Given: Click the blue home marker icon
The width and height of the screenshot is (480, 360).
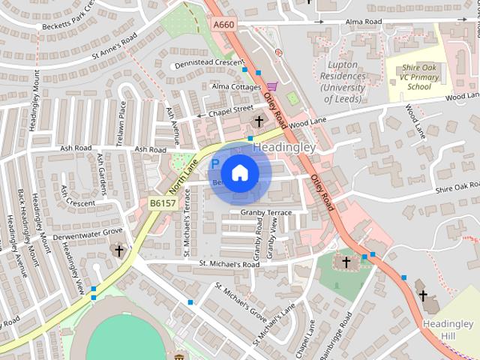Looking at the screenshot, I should coord(239,172).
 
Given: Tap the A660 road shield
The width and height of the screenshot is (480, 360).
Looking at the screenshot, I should coord(223,25).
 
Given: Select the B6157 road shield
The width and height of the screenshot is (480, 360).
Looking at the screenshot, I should coord(161,202).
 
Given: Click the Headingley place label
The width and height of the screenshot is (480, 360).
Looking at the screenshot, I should coord(284,147).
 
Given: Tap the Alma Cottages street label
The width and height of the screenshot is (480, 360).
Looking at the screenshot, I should coord(236,87).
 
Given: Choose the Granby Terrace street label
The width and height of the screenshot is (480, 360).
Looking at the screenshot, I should coord(265,213).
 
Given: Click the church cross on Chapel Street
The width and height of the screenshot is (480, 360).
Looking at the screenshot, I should coord(259,121).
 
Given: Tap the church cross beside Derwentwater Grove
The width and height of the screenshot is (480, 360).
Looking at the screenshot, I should coord(118,250).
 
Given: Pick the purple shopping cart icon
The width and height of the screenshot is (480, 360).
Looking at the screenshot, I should coord(271,86).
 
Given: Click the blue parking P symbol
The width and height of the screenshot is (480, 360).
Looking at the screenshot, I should coord(215,163).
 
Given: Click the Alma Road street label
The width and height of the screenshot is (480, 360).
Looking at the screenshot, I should coord(364,22).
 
